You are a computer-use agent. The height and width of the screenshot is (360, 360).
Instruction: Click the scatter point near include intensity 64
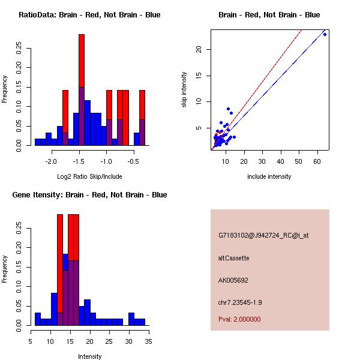325,34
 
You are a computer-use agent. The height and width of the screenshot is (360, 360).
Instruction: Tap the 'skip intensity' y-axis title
184,91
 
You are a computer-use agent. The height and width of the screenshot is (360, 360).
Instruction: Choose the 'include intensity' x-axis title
269,176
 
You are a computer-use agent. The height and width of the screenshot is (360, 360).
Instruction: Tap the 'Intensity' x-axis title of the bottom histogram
89,356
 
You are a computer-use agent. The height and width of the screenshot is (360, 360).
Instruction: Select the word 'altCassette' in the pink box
234,258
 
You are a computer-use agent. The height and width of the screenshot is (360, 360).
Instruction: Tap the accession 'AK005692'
233,280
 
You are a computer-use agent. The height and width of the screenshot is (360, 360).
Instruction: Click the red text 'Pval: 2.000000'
239,319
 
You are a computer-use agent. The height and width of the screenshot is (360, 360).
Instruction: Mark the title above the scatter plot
269,15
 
